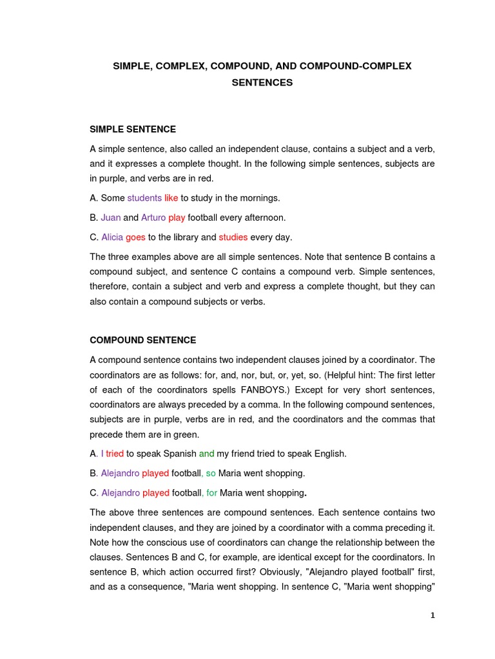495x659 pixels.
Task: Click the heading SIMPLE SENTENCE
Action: click(133, 129)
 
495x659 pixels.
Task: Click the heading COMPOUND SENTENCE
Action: click(143, 340)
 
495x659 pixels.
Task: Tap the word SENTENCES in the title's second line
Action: click(262, 82)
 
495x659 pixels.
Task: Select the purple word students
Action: click(144, 198)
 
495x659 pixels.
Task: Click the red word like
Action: click(171, 198)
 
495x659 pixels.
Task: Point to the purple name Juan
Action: click(111, 218)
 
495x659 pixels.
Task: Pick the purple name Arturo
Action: click(153, 218)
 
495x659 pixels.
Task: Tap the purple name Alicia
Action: click(112, 237)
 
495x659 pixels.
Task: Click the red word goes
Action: click(135, 237)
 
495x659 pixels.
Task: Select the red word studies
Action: click(233, 237)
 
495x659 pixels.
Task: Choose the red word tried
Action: click(115, 454)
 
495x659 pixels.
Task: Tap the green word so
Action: click(211, 474)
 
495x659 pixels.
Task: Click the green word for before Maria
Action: click(211, 493)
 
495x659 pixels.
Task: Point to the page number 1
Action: click(433, 615)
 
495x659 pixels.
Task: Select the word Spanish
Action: click(180, 454)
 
